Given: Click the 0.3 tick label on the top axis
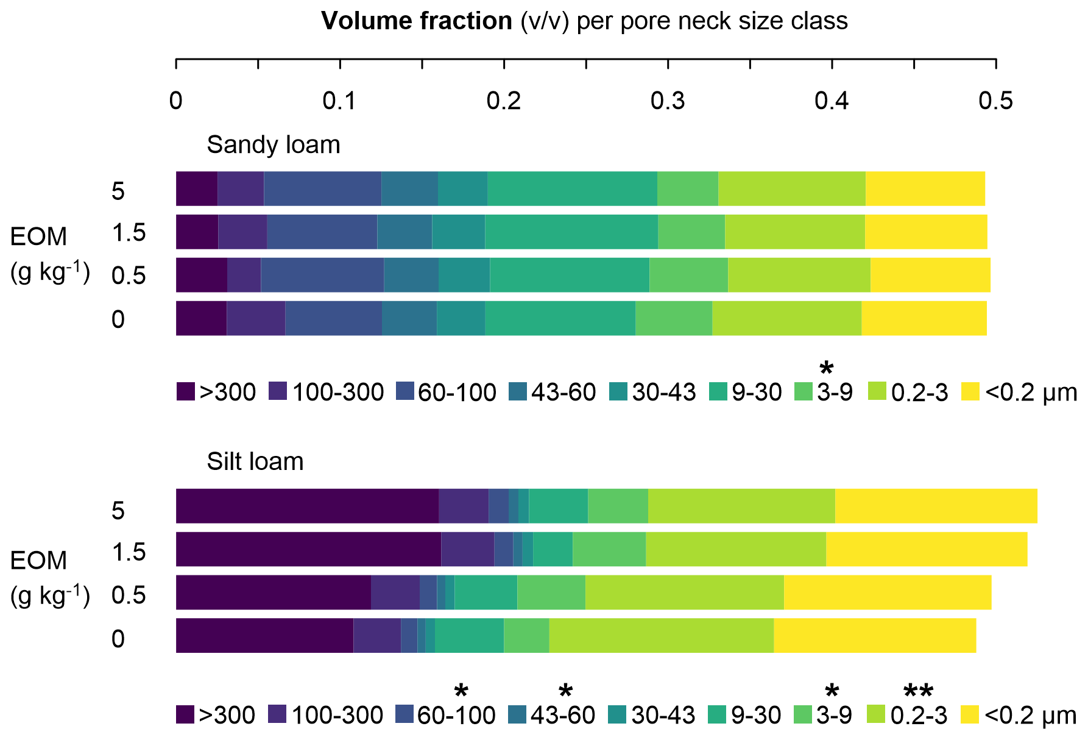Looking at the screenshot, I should pos(668,101).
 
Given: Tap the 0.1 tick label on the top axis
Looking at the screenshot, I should pos(339,101).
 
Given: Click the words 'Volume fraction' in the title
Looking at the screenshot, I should pos(417,21).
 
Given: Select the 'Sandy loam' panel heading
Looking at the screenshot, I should pos(274,145).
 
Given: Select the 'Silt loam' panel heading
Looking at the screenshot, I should pos(255,461).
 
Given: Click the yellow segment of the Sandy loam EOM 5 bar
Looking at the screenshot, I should pos(925,189).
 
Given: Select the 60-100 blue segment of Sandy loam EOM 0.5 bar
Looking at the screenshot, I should pos(322,275).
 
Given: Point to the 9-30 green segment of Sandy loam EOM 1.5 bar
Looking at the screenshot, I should pos(571,232).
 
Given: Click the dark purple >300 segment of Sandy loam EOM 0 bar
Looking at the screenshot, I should pos(201,318).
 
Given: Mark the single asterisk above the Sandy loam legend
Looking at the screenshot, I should pos(826,368).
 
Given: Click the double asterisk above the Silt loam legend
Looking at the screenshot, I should pos(917,692).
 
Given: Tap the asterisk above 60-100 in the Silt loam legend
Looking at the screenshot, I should pos(461,692).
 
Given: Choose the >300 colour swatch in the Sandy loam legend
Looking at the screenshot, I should pos(186,392).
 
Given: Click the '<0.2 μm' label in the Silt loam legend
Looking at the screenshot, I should pos(1030,715).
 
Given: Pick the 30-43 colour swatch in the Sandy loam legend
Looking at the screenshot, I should pos(618,392).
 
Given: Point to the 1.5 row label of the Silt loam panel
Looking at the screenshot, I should pos(129,552).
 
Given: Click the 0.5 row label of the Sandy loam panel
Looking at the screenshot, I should pos(129,276).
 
